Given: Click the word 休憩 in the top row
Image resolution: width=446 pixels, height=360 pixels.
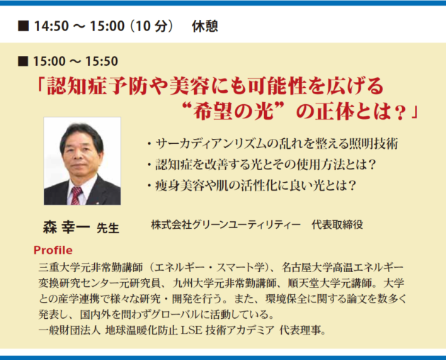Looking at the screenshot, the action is pos(205,26).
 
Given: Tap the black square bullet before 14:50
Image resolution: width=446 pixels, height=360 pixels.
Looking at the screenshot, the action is pos(23,26).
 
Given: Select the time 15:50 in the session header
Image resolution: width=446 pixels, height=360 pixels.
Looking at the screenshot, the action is pos(101,61).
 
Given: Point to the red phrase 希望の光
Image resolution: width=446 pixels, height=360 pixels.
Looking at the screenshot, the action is pos(233,112).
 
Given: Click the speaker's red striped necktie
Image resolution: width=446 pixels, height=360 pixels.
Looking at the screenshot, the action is pos(76,196).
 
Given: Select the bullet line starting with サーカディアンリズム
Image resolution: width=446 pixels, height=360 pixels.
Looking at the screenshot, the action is pos(273,144).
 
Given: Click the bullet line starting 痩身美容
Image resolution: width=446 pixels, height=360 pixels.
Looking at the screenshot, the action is pos(251,186).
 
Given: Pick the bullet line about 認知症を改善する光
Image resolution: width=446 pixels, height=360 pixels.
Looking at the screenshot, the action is pos(261,164).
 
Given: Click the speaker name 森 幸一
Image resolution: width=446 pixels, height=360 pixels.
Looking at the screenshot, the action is pos(66,227).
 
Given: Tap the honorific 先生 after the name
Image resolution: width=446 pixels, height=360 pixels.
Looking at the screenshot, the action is pos(108,228).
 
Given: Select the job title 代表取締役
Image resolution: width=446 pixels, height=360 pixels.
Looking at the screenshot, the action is pos(338,225).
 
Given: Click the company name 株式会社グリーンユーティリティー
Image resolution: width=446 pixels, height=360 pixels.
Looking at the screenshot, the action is pos(226,225).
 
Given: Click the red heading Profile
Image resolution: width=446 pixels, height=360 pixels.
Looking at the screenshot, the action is pos(53,250).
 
